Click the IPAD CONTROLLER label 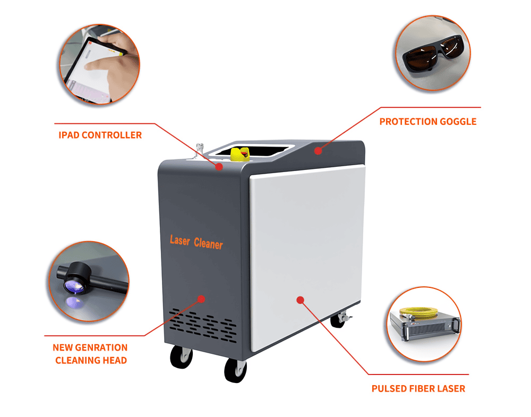pyautogui.click(x=100, y=135)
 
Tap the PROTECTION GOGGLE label pyautogui.click(x=427, y=122)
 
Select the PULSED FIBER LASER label pyautogui.click(x=418, y=388)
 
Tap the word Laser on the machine pyautogui.click(x=179, y=240)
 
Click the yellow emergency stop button pyautogui.click(x=239, y=154)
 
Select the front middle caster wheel pyautogui.click(x=235, y=370)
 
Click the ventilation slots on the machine pyautogui.click(x=201, y=321)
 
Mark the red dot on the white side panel pyautogui.click(x=300, y=300)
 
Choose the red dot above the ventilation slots pyautogui.click(x=201, y=299)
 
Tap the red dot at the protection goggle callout pyautogui.click(x=318, y=151)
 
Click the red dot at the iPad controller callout pyautogui.click(x=219, y=166)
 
